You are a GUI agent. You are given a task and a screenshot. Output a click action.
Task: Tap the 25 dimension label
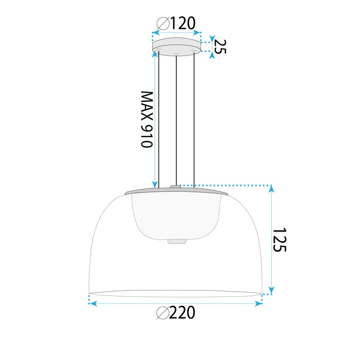pyautogui.click(x=220, y=46)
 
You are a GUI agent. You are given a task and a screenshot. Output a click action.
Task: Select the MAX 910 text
pyautogui.click(x=147, y=119)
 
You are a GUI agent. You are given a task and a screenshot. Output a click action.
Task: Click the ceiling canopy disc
pyautogui.click(x=176, y=45)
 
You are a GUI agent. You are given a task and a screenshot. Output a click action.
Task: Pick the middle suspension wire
pyautogui.click(x=176, y=118)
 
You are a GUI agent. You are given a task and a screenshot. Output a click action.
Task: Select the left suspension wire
pyautogui.click(x=159, y=118)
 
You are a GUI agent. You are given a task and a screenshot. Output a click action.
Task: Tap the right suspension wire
pyautogui.click(x=194, y=118)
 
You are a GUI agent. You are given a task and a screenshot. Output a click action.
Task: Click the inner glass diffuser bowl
pyautogui.click(x=176, y=216)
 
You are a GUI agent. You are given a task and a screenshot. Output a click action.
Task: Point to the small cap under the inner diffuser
pyautogui.click(x=176, y=241)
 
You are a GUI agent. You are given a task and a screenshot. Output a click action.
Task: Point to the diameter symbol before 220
pyautogui.click(x=162, y=312)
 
